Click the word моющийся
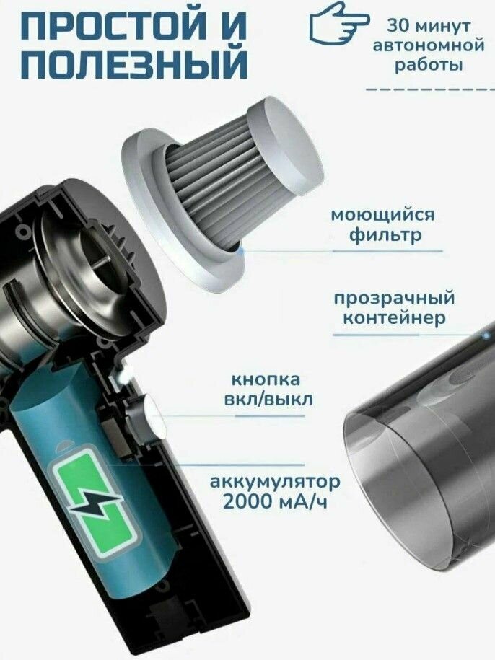pos(382,216)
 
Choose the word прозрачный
pos(394,299)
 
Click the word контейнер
pos(394,318)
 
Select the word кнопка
pos(266,379)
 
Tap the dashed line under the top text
pos(430,89)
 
